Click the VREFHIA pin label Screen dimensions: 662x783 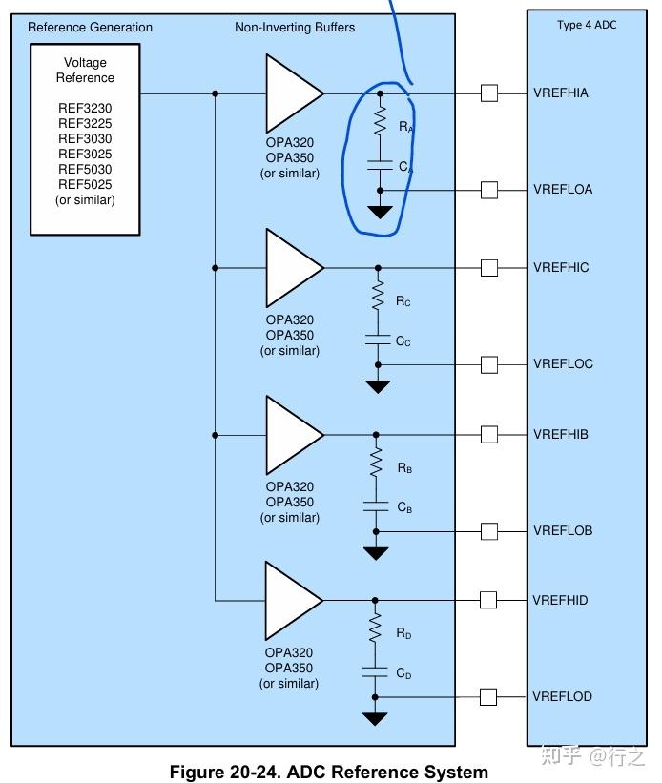click(561, 93)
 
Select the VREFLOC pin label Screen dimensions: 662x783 click(563, 363)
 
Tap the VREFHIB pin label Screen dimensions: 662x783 click(561, 434)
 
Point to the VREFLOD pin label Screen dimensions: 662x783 click(562, 696)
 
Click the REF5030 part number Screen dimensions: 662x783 click(85, 169)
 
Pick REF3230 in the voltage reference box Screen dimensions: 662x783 click(85, 108)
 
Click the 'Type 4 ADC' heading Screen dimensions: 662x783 click(587, 25)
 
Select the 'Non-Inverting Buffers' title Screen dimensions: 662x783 click(295, 27)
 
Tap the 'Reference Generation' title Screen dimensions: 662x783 click(90, 27)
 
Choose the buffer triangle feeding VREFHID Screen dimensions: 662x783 click(293, 601)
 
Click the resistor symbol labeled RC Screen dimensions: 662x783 click(378, 295)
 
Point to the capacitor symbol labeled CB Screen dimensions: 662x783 click(376, 506)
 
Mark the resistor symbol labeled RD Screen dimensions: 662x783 click(375, 628)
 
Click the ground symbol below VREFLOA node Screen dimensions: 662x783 click(380, 213)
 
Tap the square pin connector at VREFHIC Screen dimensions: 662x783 click(489, 268)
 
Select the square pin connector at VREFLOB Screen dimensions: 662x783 click(489, 531)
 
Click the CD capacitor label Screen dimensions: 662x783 click(403, 673)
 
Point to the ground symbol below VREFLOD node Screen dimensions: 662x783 click(375, 718)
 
